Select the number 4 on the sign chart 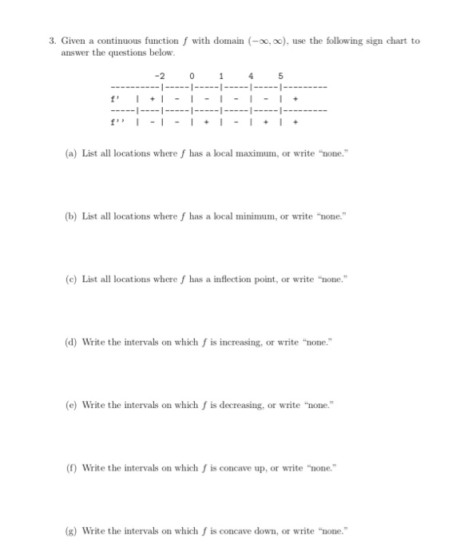[x=252, y=78]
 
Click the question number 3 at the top [x=50, y=40]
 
